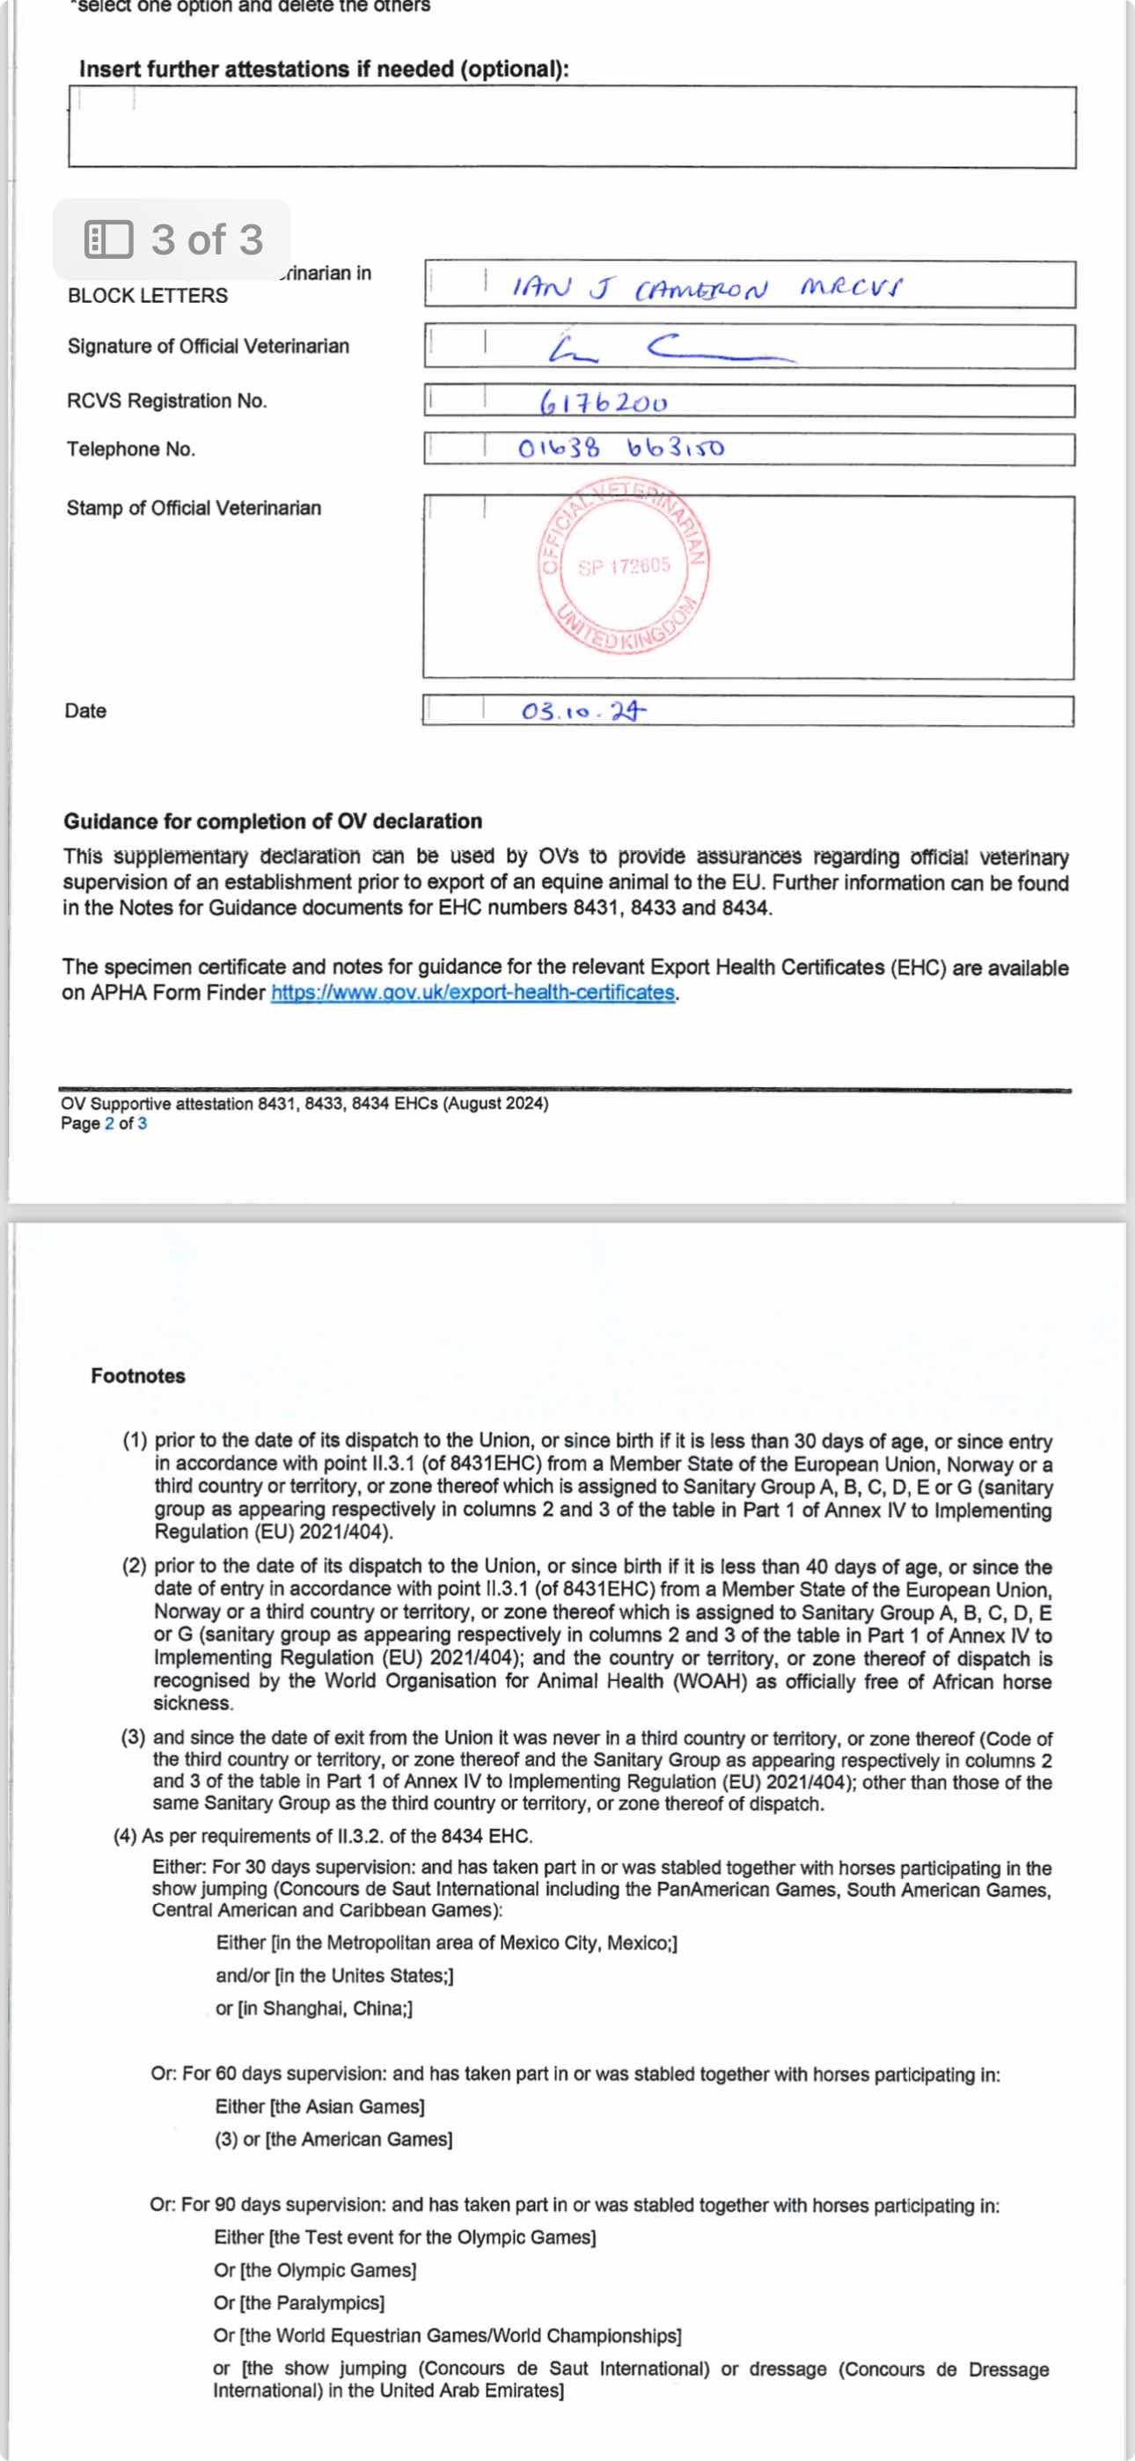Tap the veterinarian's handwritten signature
pos(669,349)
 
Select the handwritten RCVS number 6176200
pos(603,402)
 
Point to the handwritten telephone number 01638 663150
pos(621,447)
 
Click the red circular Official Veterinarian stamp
pos(623,566)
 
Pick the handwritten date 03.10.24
pos(582,711)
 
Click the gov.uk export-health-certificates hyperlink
pos(473,993)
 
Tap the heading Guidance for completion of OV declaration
pos(272,821)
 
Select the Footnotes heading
pos(137,1376)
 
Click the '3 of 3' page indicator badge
pos(172,239)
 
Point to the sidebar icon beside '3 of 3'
pos(108,239)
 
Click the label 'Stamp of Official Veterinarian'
pos(193,508)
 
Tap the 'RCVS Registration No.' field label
pos(166,401)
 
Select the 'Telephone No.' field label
pos(130,449)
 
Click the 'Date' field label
pos(85,711)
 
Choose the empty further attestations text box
pos(571,127)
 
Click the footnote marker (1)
pos(134,1441)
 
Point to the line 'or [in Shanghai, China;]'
pos(313,2009)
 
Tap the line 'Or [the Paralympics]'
pos(298,2303)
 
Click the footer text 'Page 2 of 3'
pos(103,1123)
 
